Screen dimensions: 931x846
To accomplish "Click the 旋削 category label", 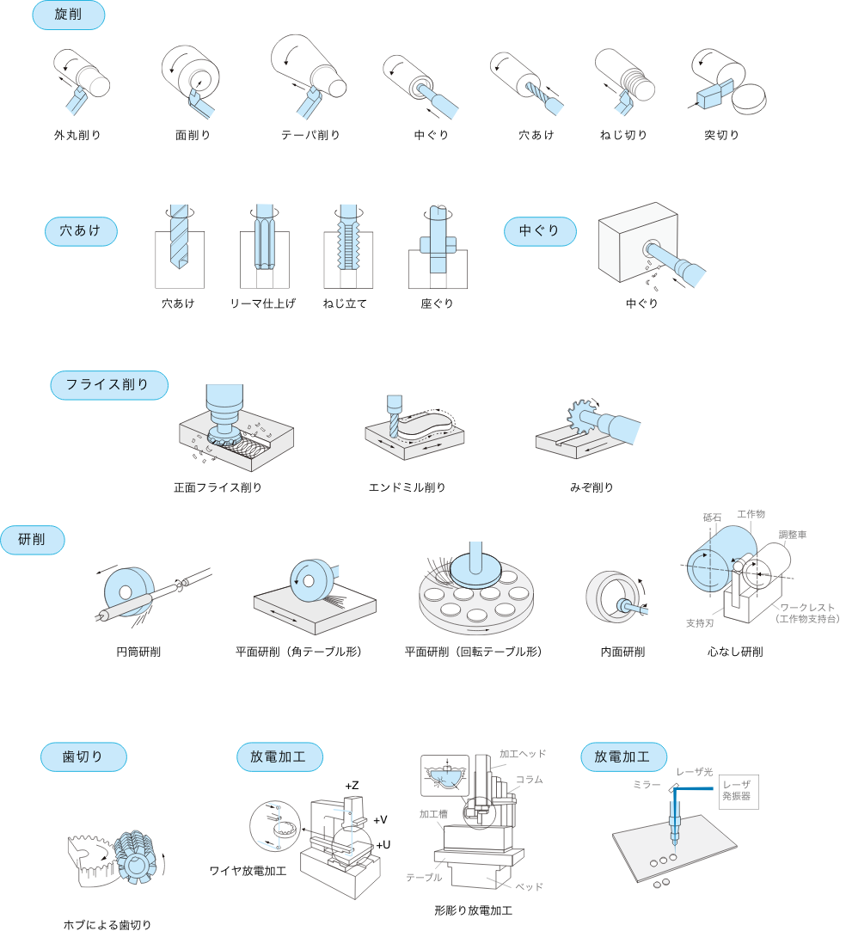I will (68, 15).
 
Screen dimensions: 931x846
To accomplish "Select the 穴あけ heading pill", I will (80, 231).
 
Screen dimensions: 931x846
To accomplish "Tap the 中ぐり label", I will (539, 231).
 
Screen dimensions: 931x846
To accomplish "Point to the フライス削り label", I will (108, 385).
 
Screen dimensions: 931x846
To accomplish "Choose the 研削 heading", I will (33, 540).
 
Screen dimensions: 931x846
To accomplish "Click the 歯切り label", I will (83, 756).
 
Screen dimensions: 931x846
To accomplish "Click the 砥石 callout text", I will (712, 518).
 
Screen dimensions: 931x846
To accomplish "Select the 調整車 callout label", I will (793, 535).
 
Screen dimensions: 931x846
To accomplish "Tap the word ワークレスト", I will (807, 608).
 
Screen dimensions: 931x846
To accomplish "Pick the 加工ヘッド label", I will (523, 754).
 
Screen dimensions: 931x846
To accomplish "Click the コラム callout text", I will (530, 779).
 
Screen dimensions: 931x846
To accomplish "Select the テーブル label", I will (424, 878).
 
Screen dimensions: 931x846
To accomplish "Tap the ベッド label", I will (529, 886).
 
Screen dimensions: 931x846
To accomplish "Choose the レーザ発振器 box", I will (737, 791).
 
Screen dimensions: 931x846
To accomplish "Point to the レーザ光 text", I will (694, 772).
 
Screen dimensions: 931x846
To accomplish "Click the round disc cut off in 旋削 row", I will (749, 99).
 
